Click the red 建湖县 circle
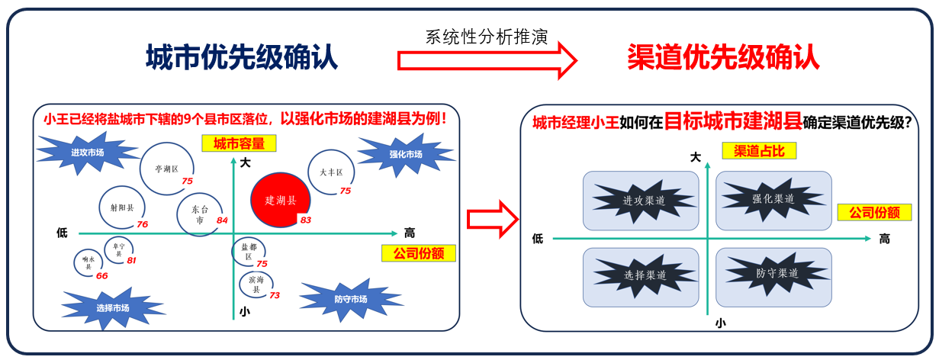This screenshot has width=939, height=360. click(x=280, y=200)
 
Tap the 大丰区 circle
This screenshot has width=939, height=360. click(x=332, y=172)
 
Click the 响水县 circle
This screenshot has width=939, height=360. click(x=88, y=262)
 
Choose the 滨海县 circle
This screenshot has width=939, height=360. click(x=256, y=285)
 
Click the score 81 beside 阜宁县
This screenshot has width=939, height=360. click(x=131, y=261)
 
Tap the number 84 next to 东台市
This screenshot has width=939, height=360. click(x=222, y=220)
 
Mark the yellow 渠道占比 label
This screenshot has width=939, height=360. click(x=758, y=151)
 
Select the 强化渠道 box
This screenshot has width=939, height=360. click(x=773, y=200)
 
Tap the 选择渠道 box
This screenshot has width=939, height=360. click(x=641, y=275)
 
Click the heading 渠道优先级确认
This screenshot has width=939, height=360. click(x=723, y=57)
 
